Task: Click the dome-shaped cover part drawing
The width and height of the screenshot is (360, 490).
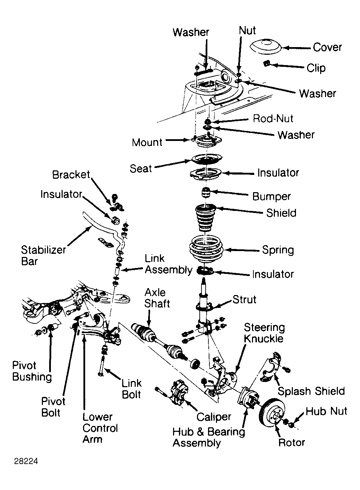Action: click(265, 47)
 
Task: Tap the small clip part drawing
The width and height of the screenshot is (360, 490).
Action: click(266, 64)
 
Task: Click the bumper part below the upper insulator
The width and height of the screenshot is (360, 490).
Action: click(206, 192)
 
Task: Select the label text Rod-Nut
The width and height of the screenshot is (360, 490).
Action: click(273, 118)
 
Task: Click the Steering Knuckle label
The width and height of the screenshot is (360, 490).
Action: click(264, 333)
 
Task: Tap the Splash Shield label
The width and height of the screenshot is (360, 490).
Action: click(311, 391)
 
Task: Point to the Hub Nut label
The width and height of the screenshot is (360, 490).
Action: click(326, 411)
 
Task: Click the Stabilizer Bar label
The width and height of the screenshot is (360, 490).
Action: click(43, 256)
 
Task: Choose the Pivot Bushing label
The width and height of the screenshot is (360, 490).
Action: click(32, 371)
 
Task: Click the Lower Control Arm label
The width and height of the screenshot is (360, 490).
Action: click(100, 428)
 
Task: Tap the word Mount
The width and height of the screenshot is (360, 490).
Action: click(147, 142)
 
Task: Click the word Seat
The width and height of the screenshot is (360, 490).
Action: click(141, 169)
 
